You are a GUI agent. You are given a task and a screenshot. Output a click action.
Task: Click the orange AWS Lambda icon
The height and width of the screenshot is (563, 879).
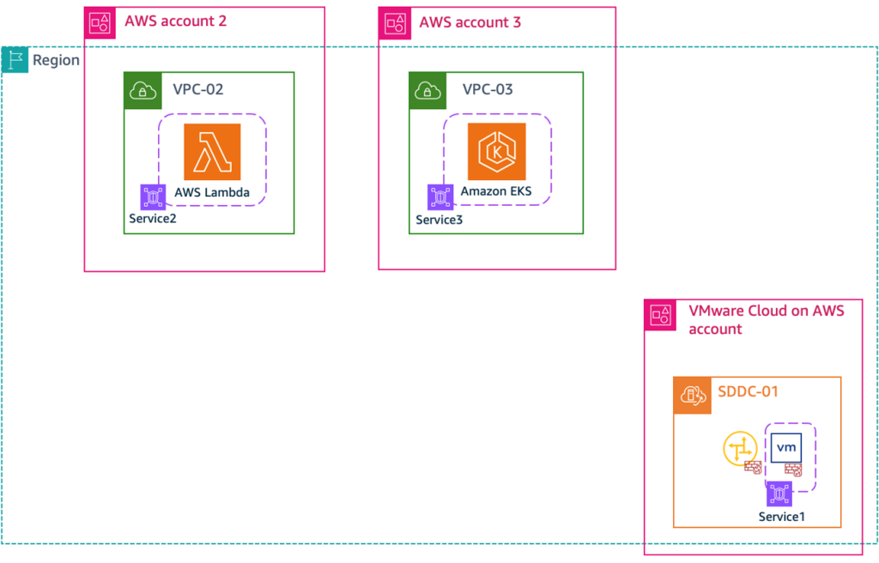(x=212, y=152)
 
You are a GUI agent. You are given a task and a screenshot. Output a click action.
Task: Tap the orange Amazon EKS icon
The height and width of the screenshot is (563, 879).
(x=496, y=152)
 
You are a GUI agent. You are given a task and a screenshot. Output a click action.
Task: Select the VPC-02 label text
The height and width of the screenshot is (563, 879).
(x=198, y=89)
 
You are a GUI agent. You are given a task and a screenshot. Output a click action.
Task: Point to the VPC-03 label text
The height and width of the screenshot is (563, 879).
(x=488, y=89)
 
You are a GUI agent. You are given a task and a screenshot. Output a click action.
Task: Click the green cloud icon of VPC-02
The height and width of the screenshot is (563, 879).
(x=142, y=89)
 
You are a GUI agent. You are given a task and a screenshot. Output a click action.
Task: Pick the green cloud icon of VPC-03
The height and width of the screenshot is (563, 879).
(x=427, y=89)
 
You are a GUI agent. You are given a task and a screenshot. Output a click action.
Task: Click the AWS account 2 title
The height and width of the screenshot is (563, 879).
(x=175, y=21)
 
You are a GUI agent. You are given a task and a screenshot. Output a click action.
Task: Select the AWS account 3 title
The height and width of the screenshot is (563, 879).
(x=470, y=21)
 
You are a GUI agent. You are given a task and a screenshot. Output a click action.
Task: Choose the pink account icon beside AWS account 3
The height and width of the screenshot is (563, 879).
(x=395, y=23)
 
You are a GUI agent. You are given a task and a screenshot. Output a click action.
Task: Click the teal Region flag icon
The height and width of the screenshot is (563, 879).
(x=15, y=60)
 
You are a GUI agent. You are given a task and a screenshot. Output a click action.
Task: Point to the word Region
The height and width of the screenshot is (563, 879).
(x=56, y=60)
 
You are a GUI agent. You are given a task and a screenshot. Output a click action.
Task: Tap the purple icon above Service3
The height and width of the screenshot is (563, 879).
(x=440, y=197)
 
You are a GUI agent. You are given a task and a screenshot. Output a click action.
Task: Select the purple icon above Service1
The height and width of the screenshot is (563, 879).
(x=779, y=493)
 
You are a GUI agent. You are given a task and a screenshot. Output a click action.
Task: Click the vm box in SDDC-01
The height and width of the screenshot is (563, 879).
(x=785, y=448)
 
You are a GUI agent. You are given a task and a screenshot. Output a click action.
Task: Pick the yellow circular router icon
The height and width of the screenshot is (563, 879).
(x=740, y=449)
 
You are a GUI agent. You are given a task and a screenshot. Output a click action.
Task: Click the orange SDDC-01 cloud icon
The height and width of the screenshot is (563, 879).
(x=691, y=395)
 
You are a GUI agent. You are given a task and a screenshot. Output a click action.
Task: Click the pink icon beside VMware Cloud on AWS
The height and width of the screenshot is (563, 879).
(x=661, y=316)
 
